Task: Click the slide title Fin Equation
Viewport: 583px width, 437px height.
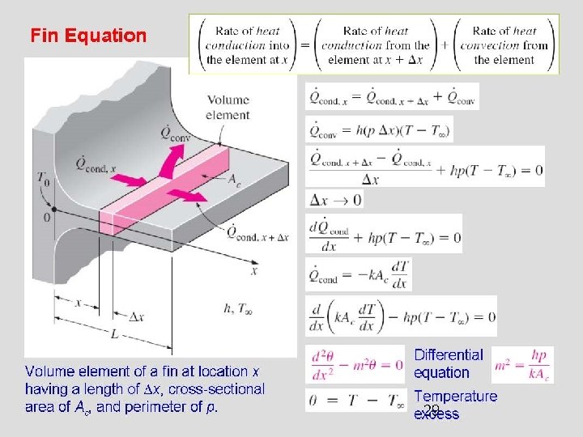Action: tap(88, 36)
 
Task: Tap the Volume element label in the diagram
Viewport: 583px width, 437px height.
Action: tap(228, 108)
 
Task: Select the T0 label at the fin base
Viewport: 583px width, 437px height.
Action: tap(43, 179)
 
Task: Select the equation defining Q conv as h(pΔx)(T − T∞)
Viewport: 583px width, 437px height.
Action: tap(379, 129)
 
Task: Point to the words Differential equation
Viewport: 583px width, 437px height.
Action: tap(448, 363)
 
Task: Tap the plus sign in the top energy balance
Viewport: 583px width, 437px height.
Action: tap(444, 45)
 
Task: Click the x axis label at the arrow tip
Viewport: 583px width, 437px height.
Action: tap(254, 272)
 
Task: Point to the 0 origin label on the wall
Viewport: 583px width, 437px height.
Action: tap(46, 217)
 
